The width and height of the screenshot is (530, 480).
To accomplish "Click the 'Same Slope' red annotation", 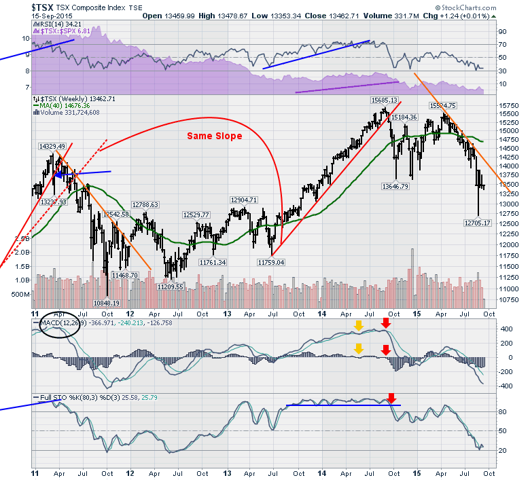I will coord(214,136).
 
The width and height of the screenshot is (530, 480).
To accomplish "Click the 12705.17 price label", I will coord(477,222).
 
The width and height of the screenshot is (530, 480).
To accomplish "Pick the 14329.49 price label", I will coord(52,146).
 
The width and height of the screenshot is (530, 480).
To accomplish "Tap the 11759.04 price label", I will coord(270,261).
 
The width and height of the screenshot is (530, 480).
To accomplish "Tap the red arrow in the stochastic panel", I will coord(391,398).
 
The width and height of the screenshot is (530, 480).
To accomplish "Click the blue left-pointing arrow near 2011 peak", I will coord(59,174).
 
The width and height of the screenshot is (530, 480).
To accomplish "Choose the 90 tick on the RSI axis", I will coord(503,31).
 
